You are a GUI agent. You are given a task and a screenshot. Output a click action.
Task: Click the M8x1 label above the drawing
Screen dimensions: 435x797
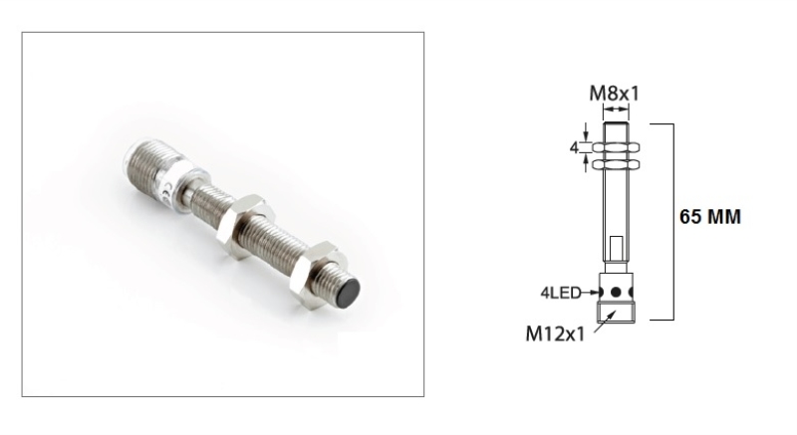click(615, 94)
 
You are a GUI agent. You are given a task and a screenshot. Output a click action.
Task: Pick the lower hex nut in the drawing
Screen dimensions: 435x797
click(615, 163)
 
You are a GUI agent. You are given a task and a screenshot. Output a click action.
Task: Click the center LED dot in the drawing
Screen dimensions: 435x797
click(616, 293)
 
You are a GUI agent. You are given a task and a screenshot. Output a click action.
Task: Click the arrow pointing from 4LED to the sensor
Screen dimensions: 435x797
click(592, 293)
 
